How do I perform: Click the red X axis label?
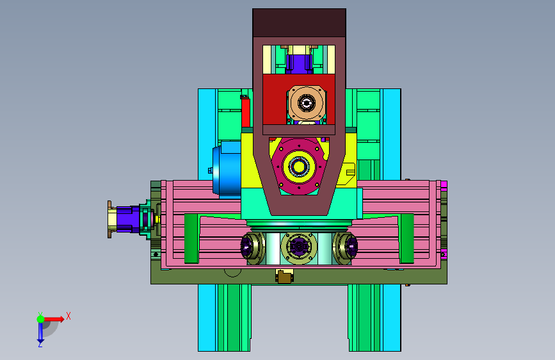pyautogui.click(x=68, y=316)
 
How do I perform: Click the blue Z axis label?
pyautogui.click(x=40, y=344)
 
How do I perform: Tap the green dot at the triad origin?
pyautogui.click(x=41, y=319)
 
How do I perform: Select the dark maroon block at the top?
pyautogui.click(x=299, y=22)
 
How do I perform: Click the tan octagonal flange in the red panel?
pyautogui.click(x=307, y=102)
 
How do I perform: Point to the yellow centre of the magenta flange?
pyautogui.click(x=299, y=166)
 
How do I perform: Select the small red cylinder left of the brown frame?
pyautogui.click(x=246, y=112)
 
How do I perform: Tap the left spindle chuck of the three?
pyautogui.click(x=252, y=248)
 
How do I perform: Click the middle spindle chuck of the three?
pyautogui.click(x=299, y=248)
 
